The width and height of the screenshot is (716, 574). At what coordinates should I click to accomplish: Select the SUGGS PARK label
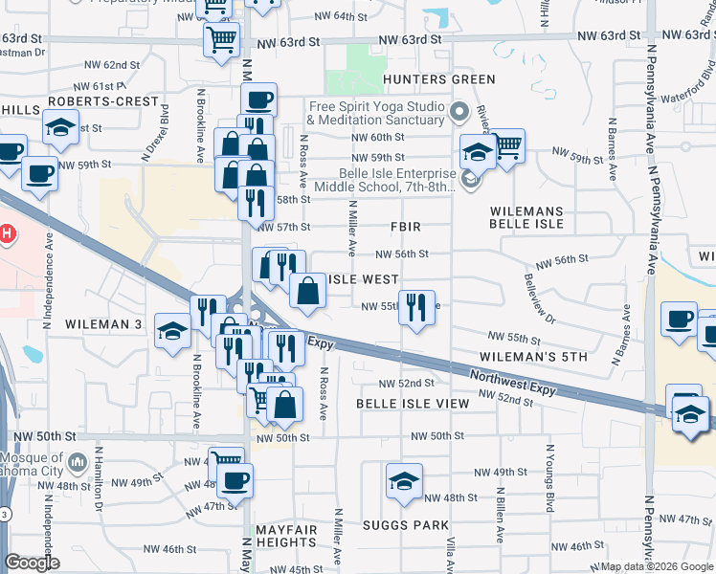(x=406, y=525)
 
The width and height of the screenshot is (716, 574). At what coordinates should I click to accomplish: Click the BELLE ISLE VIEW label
(x=413, y=404)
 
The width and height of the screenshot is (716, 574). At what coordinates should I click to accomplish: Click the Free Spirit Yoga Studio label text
(x=375, y=113)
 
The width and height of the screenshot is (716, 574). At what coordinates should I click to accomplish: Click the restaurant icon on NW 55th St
(x=415, y=307)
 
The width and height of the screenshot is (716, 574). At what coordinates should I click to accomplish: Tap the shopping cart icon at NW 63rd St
(x=221, y=40)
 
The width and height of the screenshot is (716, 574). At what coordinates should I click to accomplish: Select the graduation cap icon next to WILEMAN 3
(x=173, y=331)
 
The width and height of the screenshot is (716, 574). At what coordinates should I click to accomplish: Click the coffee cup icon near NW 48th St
(x=235, y=479)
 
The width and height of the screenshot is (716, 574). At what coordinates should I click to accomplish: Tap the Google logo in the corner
(x=32, y=563)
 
